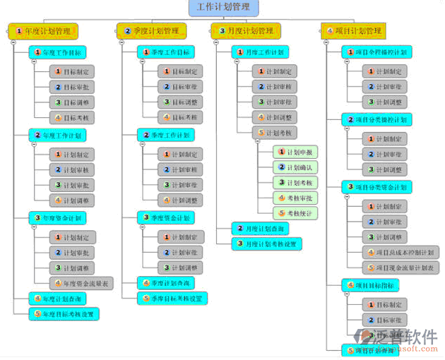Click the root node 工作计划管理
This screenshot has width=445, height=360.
[223, 8]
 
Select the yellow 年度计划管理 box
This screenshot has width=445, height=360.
[43, 31]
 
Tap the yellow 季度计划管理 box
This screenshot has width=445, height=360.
[152, 31]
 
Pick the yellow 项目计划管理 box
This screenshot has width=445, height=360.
[354, 31]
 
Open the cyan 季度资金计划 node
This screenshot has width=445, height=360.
[167, 217]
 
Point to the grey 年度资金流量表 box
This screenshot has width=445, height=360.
[81, 284]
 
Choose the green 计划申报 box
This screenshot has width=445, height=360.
[297, 152]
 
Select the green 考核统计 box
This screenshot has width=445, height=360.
[297, 212]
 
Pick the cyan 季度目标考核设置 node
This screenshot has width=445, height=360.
[172, 299]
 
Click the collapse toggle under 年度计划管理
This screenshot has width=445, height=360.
[13, 43]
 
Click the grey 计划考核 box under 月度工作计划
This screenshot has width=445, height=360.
[275, 133]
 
